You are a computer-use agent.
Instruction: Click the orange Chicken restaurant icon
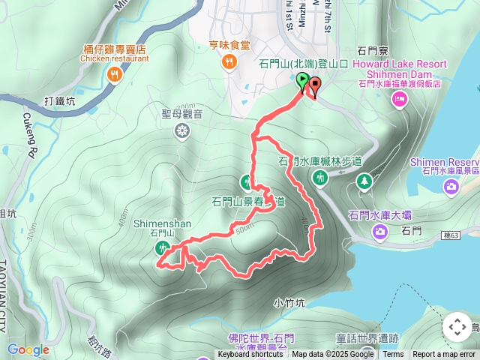(x=114, y=73)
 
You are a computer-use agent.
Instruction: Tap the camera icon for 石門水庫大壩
(x=381, y=232)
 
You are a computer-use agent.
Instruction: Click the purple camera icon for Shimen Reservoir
(x=451, y=186)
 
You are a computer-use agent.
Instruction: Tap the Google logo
(x=28, y=349)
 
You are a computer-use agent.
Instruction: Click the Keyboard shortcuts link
(x=250, y=355)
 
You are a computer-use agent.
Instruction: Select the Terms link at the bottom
(x=393, y=355)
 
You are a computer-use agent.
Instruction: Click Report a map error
(x=444, y=355)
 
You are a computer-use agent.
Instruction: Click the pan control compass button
(x=457, y=327)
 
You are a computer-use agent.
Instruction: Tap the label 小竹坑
(x=289, y=303)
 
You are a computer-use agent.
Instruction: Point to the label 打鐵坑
(x=60, y=100)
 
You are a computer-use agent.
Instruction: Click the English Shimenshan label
(x=163, y=223)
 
